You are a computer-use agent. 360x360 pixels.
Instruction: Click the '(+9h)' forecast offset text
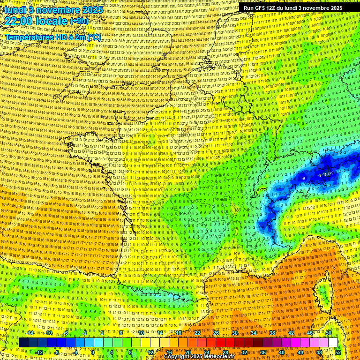point(78,22)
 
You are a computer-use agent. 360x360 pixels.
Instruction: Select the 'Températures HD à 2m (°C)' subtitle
point(53,37)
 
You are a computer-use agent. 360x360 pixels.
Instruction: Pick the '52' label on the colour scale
point(338,352)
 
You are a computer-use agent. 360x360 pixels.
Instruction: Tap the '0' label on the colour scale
point(94,352)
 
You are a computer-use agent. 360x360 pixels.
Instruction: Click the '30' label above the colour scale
point(234,333)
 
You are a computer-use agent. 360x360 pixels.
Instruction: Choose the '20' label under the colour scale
point(187,352)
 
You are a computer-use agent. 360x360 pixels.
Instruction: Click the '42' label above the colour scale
point(291,333)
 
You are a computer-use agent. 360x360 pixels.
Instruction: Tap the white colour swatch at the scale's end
point(333,343)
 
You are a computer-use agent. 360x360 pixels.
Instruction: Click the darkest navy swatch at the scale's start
point(23,343)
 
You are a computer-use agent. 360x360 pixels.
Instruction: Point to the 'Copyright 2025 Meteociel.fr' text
point(199,357)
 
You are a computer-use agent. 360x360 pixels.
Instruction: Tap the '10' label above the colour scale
point(141,333)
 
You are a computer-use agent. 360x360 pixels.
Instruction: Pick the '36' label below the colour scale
point(262,352)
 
